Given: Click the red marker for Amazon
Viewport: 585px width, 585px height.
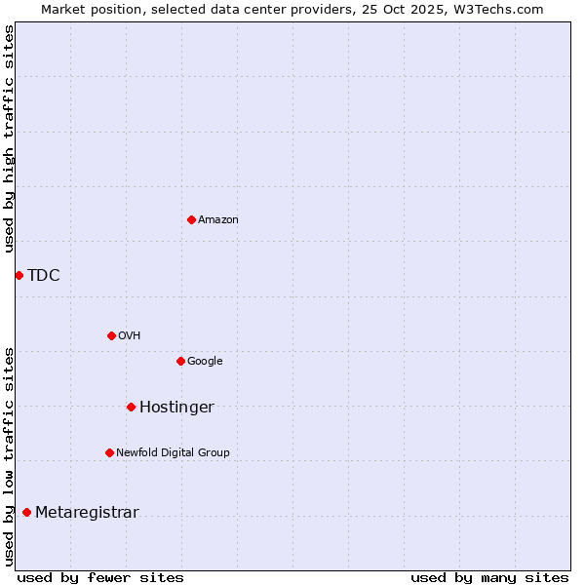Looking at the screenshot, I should [191, 219].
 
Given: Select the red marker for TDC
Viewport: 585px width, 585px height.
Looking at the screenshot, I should [19, 275].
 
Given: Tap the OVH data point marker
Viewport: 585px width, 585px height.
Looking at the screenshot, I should [111, 335].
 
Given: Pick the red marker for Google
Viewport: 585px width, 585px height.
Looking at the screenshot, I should [180, 361].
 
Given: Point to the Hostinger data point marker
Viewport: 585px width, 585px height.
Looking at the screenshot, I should [131, 407].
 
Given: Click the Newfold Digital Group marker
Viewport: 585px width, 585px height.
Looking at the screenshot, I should [109, 452].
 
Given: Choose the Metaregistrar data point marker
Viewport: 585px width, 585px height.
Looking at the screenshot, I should [26, 512].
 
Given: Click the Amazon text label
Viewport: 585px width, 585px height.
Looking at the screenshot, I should [218, 220].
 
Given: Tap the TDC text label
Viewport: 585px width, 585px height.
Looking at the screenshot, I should [44, 276].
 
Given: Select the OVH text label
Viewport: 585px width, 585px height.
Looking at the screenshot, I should [130, 336].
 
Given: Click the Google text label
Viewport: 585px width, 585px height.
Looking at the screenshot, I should [205, 362].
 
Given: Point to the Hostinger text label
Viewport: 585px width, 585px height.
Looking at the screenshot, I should [176, 408].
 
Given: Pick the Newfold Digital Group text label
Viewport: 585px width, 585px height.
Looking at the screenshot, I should [173, 453].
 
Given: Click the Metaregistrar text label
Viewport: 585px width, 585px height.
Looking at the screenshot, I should [87, 513].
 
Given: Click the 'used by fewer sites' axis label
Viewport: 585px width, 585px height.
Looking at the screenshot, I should [100, 577].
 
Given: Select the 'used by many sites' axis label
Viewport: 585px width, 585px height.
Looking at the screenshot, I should [489, 577].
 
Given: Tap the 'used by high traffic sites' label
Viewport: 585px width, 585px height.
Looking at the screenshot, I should [10, 138].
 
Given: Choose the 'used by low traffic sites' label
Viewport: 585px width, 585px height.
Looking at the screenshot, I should [10, 455].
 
